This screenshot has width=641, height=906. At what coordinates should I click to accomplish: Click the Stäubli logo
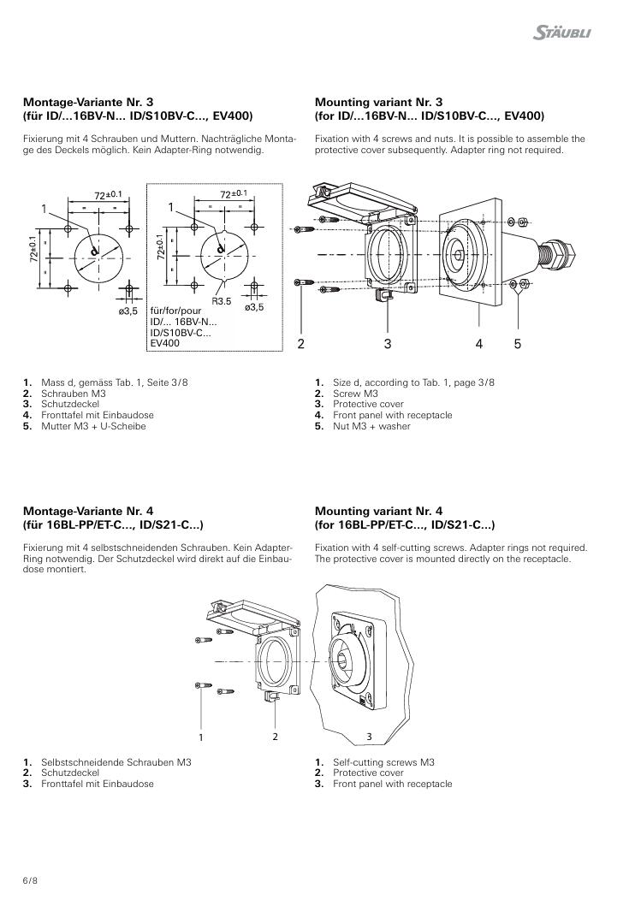561,33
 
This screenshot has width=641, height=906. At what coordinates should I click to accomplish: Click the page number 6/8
30,881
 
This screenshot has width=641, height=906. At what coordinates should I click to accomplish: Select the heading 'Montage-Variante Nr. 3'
88,103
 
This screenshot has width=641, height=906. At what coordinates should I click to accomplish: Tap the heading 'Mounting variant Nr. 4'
378,512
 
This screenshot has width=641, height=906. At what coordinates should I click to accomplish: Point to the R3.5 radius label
221,301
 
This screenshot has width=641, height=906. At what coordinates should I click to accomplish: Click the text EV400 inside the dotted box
164,343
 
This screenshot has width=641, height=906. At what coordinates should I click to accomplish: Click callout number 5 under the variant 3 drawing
517,344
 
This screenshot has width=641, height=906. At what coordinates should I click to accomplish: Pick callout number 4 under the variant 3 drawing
478,344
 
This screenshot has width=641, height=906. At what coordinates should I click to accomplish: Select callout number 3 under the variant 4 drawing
370,737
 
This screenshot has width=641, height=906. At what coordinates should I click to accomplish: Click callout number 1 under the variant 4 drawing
201,737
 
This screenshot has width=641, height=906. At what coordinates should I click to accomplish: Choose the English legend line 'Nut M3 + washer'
371,426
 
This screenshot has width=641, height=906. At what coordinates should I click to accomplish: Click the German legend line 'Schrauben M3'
74,394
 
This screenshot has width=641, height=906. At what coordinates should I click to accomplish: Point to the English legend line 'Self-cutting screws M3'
383,762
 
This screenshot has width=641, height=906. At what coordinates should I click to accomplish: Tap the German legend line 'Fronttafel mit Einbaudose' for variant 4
97,784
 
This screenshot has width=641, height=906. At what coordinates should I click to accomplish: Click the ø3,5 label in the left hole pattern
128,311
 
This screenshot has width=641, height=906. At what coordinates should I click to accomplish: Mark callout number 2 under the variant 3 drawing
300,344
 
